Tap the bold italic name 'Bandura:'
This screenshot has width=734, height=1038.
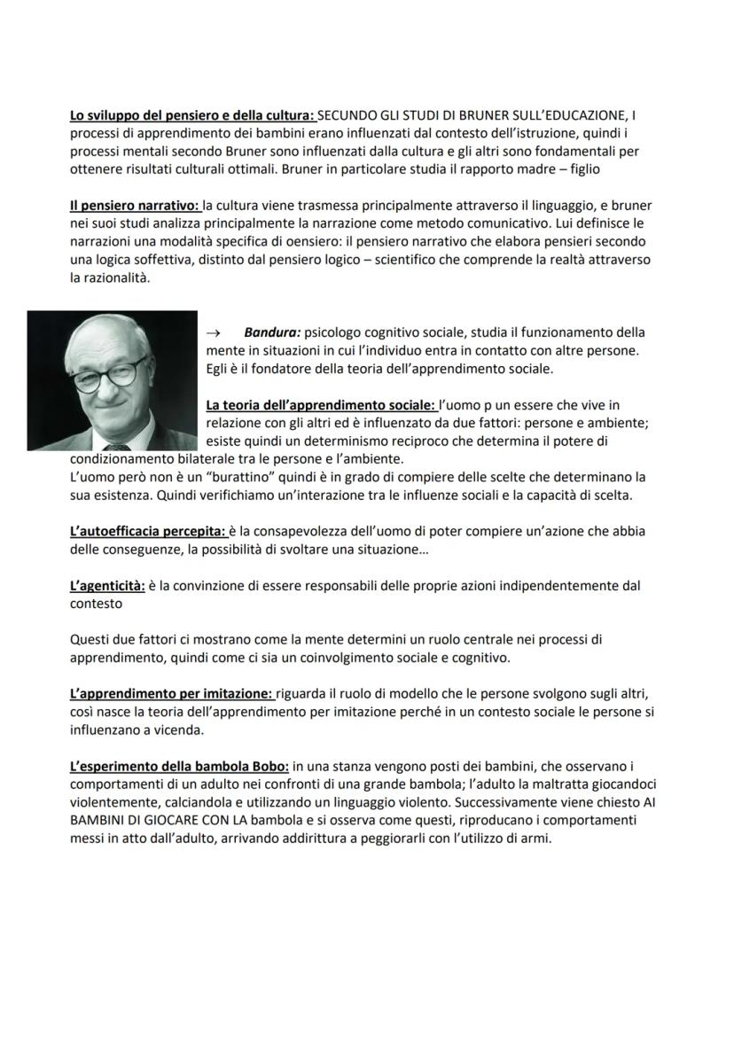point(272,332)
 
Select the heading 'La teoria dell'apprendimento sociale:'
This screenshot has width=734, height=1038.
point(321,405)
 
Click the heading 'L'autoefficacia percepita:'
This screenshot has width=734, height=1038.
point(147,531)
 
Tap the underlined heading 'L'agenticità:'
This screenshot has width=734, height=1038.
point(107,585)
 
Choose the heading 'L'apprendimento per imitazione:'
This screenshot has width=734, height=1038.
point(172,693)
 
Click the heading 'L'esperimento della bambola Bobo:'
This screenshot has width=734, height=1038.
point(179,766)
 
